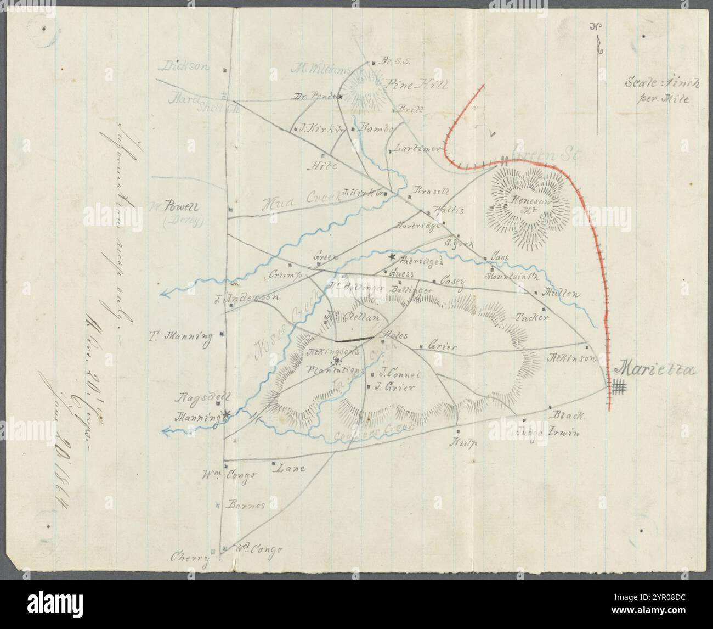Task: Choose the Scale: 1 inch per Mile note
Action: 657,91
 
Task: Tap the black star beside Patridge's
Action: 392,257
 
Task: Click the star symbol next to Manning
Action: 225,415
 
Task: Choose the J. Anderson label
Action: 247,298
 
